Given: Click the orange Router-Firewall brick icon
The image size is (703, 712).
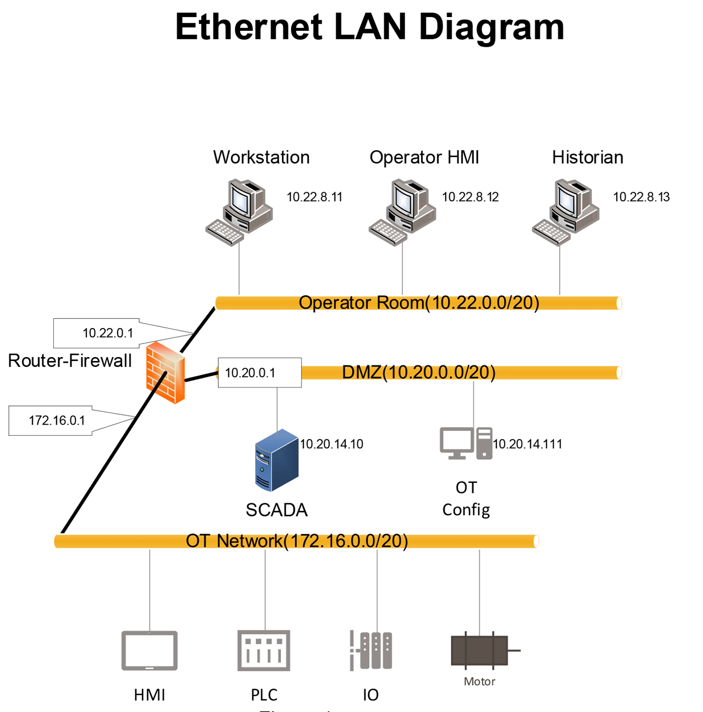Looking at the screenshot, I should click(x=165, y=372).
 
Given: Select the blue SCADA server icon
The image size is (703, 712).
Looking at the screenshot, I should click(x=276, y=460).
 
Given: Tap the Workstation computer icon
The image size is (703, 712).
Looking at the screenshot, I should click(x=240, y=212).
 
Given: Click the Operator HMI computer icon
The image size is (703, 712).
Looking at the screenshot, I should click(x=403, y=212).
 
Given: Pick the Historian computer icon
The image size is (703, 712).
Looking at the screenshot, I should click(x=566, y=212).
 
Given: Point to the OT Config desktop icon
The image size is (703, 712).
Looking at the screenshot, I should click(x=466, y=443).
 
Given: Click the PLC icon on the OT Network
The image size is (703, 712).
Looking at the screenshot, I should click(x=264, y=650).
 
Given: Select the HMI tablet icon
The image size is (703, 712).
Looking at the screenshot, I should click(x=150, y=650).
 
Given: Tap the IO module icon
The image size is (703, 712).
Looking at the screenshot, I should click(x=371, y=650).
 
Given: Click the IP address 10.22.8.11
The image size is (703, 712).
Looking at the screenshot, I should click(x=314, y=197).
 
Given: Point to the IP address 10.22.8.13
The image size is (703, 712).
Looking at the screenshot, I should click(x=641, y=197).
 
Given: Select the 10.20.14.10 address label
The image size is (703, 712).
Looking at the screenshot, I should click(x=331, y=444).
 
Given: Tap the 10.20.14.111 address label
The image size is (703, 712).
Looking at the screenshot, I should click(x=528, y=444).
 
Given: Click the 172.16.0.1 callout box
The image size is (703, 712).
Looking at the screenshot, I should click(x=51, y=421).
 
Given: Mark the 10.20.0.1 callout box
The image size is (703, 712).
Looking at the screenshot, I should click(x=259, y=373).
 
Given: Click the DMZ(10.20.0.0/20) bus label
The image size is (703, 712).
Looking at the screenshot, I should click(x=419, y=372).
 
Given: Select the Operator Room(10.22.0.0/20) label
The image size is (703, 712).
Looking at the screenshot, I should click(x=419, y=303).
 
